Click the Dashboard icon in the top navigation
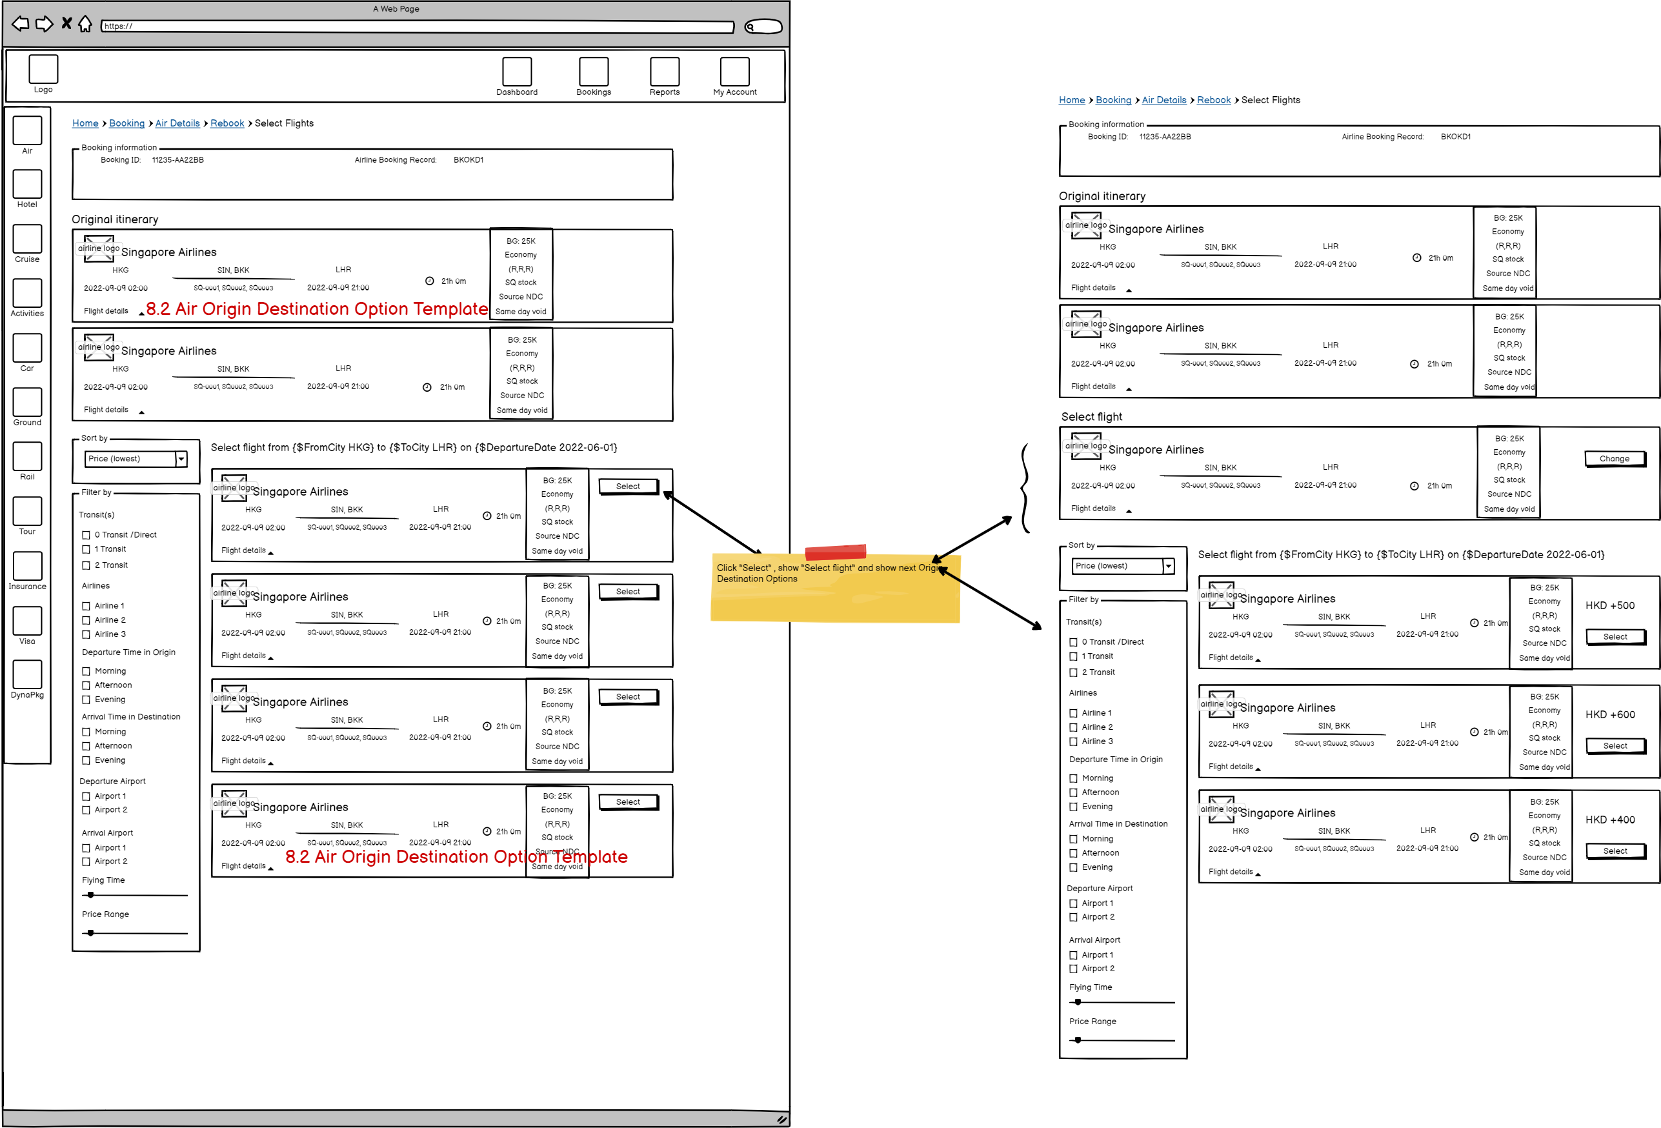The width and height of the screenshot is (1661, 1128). click(517, 72)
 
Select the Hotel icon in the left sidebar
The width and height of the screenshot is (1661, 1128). click(27, 184)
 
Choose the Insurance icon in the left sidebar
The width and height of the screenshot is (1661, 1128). click(27, 565)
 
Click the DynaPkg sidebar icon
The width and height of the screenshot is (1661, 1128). click(27, 674)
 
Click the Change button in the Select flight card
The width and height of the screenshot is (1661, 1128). click(1614, 459)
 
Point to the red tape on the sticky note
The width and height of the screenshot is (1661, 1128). click(835, 552)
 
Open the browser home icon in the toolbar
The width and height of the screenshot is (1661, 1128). click(85, 25)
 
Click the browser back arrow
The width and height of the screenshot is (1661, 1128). click(21, 25)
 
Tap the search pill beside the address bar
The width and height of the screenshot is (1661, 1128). click(763, 27)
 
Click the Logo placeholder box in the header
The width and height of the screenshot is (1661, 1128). click(43, 69)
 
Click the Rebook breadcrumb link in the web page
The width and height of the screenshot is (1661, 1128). click(227, 124)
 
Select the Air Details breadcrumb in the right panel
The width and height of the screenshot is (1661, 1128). click(1163, 100)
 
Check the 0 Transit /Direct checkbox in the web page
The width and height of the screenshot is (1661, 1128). click(86, 535)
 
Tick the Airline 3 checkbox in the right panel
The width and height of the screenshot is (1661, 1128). click(1072, 742)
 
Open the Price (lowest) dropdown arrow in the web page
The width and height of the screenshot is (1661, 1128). click(181, 459)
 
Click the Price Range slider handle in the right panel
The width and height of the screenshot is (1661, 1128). click(1078, 1040)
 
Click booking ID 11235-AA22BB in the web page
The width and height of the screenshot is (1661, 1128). click(178, 160)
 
